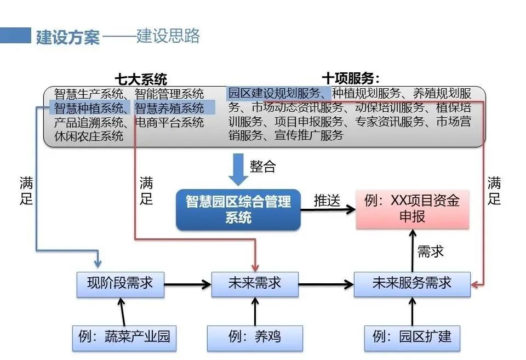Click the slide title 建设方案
68,37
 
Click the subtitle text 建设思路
168,36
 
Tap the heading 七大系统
141,79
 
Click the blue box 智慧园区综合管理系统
238,209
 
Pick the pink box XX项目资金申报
412,209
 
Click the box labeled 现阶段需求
120,283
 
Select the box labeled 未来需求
255,283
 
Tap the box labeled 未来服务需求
412,283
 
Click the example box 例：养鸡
255,336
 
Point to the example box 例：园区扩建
412,336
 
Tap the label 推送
327,201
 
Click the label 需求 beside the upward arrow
431,252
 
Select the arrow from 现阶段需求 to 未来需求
187,284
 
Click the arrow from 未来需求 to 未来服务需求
326,284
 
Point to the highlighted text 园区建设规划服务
278,93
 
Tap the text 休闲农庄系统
89,135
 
